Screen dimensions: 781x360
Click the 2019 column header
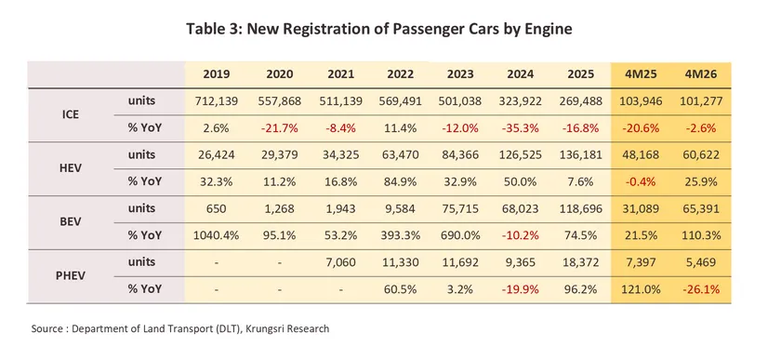(x=217, y=74)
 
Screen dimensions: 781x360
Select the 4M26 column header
(x=700, y=74)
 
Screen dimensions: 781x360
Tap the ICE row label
(x=71, y=114)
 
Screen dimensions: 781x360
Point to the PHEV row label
(x=71, y=275)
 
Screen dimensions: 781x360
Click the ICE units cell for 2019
(x=217, y=101)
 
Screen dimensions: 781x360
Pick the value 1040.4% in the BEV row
(x=217, y=236)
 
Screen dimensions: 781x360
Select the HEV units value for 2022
(x=401, y=155)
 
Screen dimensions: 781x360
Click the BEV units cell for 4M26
(x=700, y=209)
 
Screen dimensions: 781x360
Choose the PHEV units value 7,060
(x=340, y=262)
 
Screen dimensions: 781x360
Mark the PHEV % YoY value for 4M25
(x=641, y=289)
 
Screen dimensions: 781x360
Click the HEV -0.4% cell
(x=641, y=182)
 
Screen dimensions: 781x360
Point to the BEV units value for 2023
(x=459, y=209)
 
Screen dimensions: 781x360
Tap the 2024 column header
(x=521, y=74)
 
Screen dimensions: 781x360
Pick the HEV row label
(x=71, y=168)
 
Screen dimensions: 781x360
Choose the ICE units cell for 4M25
(x=641, y=101)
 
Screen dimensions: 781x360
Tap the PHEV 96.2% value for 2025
(x=581, y=289)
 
